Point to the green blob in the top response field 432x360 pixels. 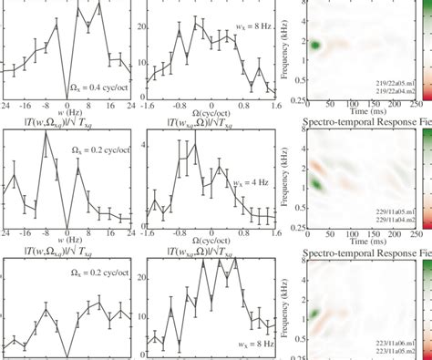pos(315,45)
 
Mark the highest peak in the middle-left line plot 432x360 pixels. pos(46,134)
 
